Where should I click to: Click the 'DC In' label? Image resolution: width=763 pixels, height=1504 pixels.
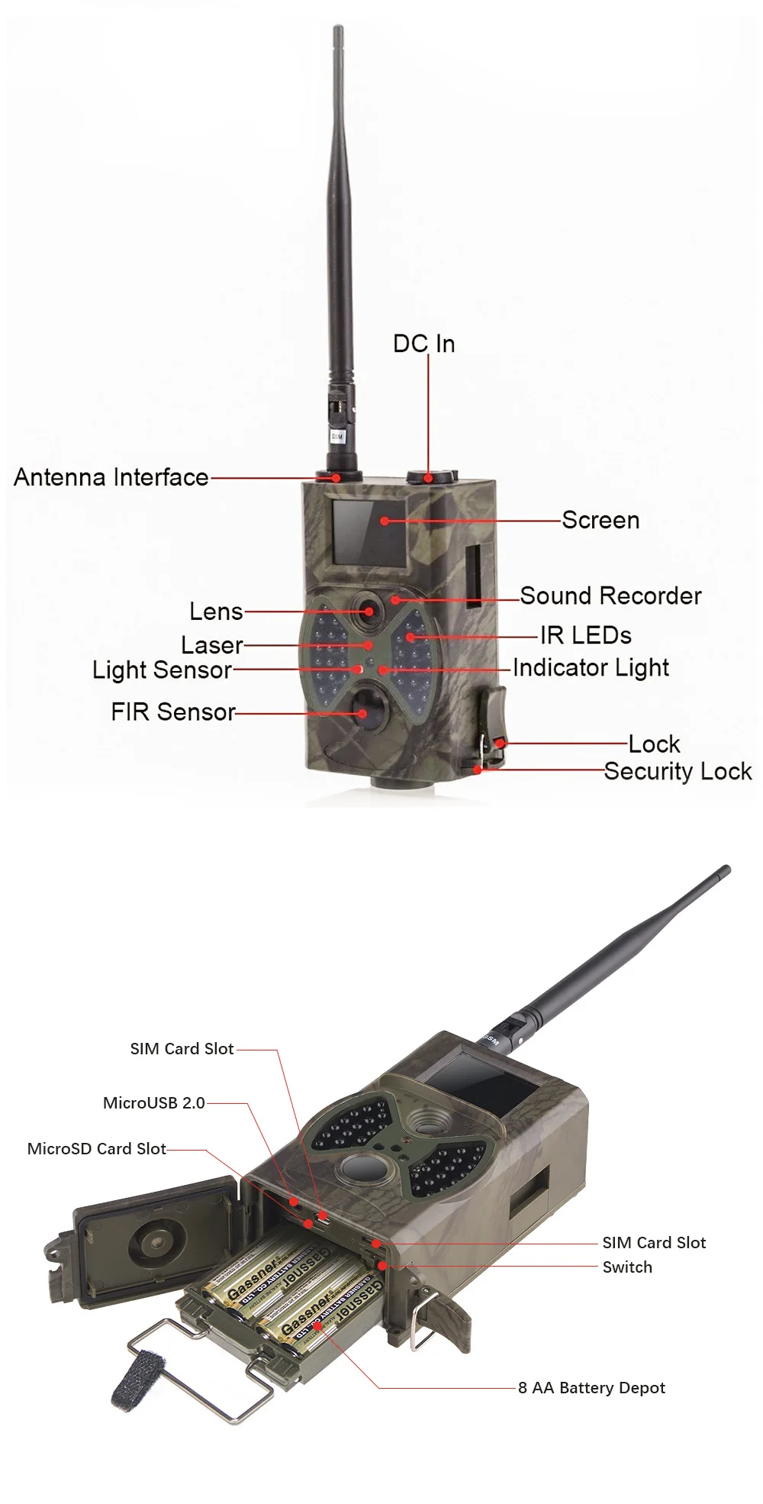(423, 344)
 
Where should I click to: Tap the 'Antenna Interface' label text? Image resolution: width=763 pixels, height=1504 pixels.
(111, 477)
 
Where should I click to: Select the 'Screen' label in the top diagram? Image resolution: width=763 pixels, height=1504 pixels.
(600, 520)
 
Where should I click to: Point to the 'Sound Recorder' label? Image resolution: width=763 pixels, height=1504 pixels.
(610, 595)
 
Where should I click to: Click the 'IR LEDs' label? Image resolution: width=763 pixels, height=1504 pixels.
(585, 635)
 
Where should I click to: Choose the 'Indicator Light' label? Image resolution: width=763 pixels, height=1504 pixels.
(591, 667)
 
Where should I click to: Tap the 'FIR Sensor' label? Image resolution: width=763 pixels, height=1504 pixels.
(173, 712)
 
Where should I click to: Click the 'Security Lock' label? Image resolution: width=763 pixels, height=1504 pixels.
(678, 771)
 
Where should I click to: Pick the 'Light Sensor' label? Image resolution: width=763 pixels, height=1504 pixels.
(162, 670)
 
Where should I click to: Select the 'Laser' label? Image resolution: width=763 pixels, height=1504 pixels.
(211, 645)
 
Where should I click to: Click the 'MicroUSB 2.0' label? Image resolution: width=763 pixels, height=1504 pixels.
(154, 1102)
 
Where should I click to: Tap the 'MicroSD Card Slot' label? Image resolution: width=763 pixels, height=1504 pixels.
(97, 1148)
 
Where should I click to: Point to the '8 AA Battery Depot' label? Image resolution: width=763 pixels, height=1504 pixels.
(591, 1387)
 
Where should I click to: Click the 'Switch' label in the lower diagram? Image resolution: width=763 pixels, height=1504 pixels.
(627, 1267)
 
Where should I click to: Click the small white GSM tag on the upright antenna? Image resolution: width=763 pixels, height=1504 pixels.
(336, 437)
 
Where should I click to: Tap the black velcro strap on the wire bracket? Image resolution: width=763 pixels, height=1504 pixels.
(134, 1378)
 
